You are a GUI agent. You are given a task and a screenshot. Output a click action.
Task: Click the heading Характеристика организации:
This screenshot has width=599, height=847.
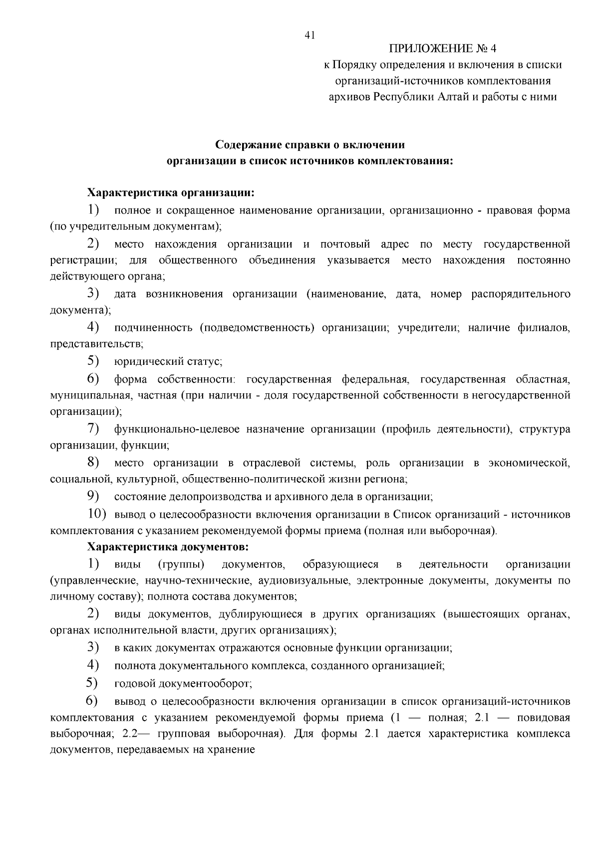[171, 193]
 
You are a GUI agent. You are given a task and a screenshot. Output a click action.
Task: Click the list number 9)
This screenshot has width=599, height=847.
[93, 497]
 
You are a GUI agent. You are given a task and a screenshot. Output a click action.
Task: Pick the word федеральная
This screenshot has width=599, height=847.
[375, 379]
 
